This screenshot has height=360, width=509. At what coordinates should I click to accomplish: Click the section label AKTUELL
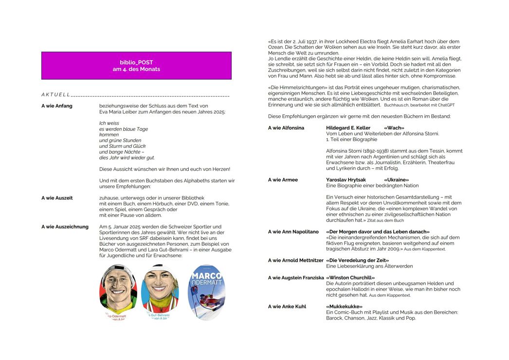coord(55,94)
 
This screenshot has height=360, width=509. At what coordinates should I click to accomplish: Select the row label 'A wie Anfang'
coord(57,106)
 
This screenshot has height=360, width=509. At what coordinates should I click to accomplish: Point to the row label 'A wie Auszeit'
coord(57,198)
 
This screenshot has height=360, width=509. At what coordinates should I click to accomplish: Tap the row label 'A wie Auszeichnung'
coord(65,227)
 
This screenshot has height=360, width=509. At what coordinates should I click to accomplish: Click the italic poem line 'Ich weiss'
coord(109,123)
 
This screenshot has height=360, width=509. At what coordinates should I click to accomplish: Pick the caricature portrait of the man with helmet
coord(118,290)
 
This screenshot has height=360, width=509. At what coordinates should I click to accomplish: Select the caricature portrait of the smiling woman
coord(160,290)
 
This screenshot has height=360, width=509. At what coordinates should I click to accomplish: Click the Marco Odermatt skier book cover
coord(206,292)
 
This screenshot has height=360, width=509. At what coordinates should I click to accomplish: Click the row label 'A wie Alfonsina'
coord(286,128)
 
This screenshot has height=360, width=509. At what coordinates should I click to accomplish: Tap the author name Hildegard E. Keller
coord(348,128)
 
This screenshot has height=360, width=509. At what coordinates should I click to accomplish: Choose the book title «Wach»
coord(394,128)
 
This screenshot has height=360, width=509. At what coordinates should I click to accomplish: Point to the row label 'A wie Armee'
coord(283,180)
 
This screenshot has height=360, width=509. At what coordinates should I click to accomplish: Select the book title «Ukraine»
coord(397,180)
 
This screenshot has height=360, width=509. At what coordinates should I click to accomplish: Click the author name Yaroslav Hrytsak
coord(346,180)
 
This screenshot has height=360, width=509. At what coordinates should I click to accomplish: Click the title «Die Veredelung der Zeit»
coord(358,260)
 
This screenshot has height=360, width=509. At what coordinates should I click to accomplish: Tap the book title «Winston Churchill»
coord(354,278)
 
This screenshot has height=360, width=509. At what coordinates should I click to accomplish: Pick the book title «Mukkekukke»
coord(345,306)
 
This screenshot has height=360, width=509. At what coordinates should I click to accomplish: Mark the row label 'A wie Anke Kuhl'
coord(287,306)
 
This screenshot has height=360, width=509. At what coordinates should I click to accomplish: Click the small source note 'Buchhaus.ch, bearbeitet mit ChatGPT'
coord(419,105)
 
